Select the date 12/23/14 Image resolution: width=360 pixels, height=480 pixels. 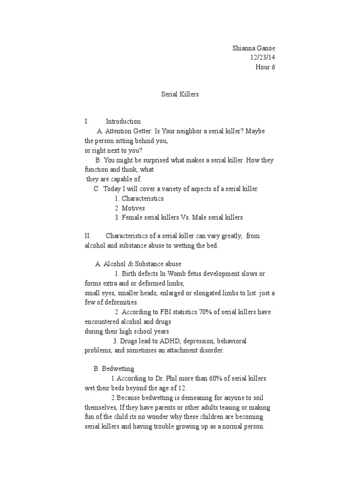pos(262,58)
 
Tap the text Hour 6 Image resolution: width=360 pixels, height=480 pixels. pos(265,67)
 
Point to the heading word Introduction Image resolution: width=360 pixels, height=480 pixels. pos(123,121)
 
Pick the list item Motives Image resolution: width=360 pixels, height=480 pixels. pos(133,208)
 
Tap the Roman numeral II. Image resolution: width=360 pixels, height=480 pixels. pos(88,236)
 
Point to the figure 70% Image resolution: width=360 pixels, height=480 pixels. pos(201,312)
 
